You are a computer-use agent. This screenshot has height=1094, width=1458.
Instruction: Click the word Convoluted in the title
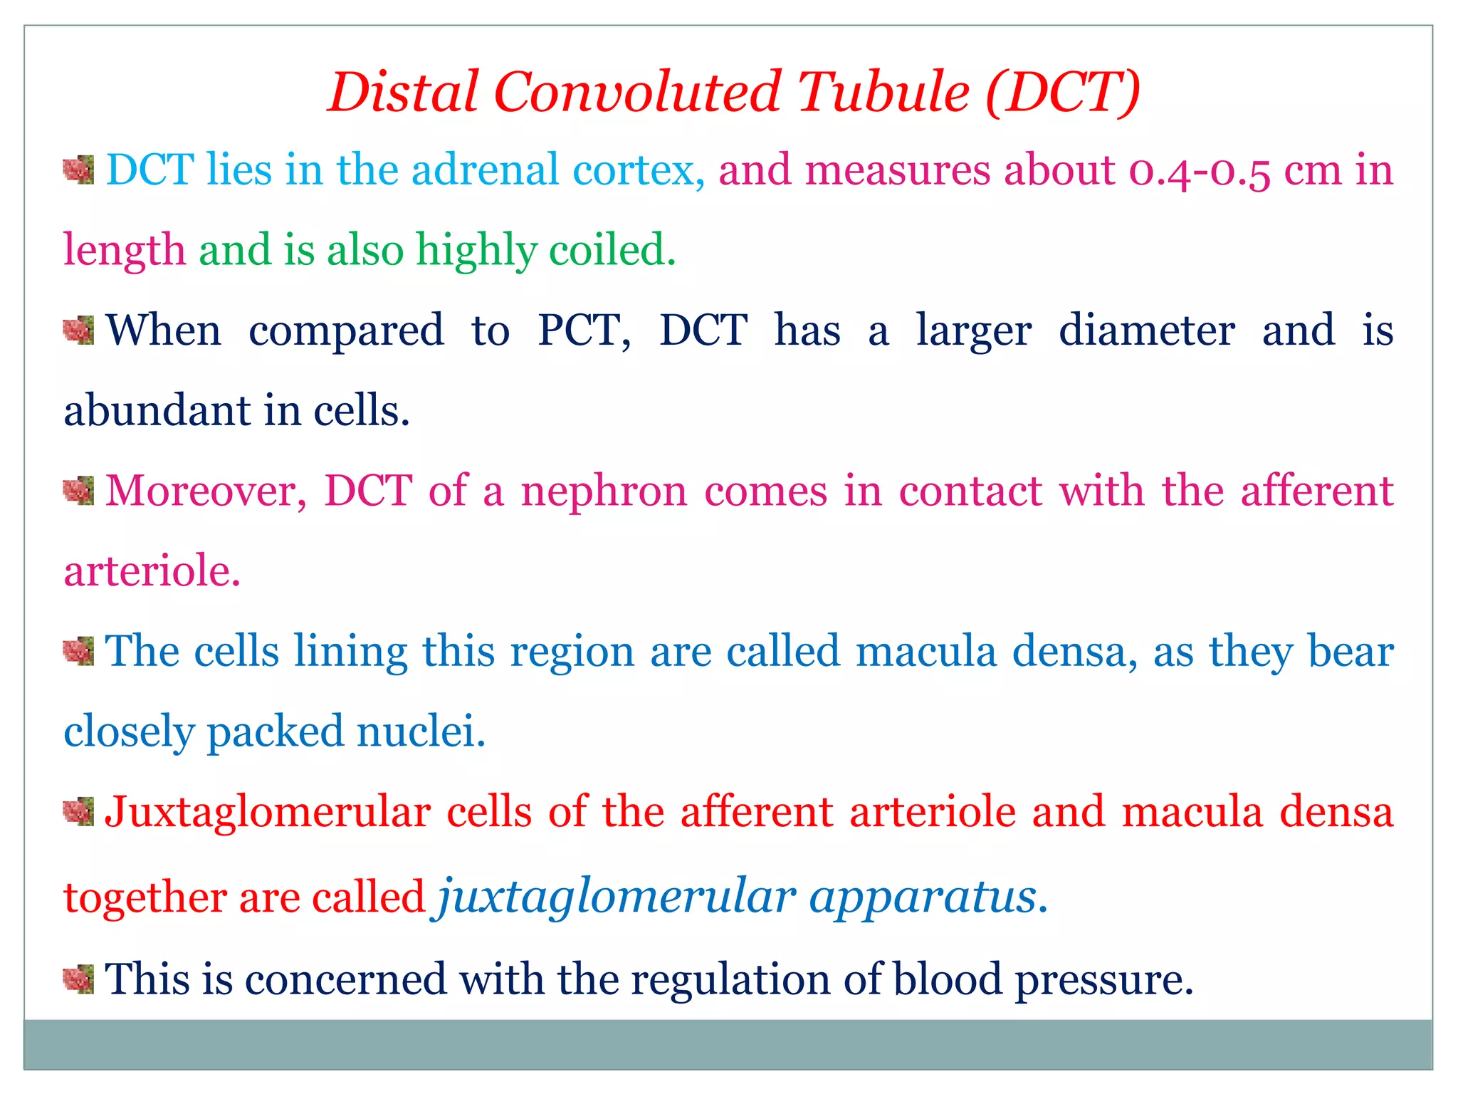(x=637, y=93)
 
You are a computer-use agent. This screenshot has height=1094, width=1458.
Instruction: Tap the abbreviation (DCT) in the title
(x=1063, y=93)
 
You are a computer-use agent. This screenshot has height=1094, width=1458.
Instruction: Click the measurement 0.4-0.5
(x=1199, y=172)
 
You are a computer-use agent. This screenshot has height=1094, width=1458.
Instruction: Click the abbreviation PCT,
(x=584, y=331)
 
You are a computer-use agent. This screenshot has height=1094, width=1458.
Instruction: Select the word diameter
(x=1146, y=331)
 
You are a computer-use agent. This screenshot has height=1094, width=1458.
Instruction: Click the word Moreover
(x=206, y=491)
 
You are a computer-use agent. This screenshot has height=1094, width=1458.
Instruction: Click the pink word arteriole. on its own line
(x=152, y=571)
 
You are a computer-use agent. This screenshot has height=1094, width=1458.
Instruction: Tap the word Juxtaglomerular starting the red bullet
(x=268, y=813)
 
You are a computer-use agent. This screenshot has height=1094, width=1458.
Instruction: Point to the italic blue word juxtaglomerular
(x=617, y=897)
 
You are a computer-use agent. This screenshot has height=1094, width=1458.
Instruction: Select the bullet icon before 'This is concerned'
(x=78, y=979)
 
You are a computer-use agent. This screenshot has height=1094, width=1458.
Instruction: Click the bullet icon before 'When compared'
(x=78, y=330)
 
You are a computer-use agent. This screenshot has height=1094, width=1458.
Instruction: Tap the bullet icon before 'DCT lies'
(x=78, y=170)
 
